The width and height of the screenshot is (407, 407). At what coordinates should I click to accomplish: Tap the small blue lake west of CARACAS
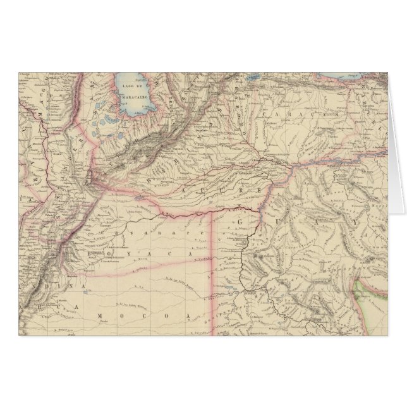click(x=255, y=80)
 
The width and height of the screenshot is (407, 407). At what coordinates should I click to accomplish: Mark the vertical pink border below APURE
click(x=211, y=265)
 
